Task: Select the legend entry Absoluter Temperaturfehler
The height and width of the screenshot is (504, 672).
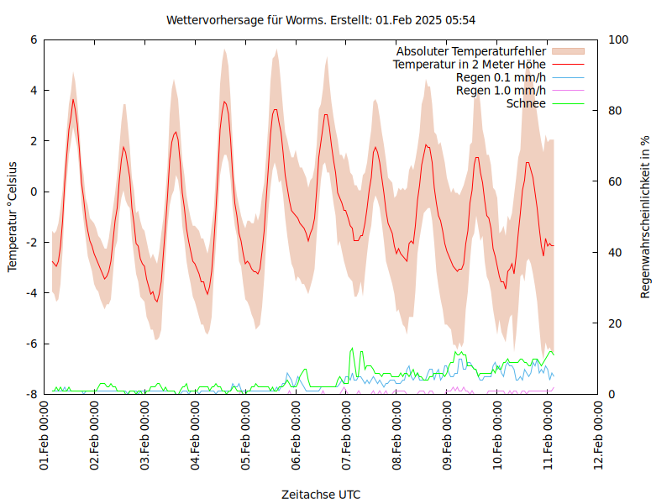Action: (x=471, y=52)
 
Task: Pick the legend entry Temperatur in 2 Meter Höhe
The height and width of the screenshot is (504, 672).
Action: (x=470, y=65)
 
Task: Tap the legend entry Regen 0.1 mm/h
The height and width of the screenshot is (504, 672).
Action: (x=501, y=77)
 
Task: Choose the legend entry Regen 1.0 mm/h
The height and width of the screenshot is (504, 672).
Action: (x=501, y=91)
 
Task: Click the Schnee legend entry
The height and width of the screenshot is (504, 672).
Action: (x=527, y=103)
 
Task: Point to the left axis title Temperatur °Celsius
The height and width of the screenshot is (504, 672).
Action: (x=13, y=217)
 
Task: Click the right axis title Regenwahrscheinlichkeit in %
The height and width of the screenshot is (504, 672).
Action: (x=645, y=217)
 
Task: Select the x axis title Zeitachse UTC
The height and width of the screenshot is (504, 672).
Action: (x=322, y=494)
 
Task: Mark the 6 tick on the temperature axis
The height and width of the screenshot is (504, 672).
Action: (x=34, y=39)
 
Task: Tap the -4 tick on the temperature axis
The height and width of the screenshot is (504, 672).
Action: (x=31, y=293)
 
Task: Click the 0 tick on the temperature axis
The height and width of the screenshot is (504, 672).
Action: (x=34, y=192)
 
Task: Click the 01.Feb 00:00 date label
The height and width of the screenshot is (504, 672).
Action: (x=45, y=436)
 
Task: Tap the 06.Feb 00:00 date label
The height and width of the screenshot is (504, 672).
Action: (x=297, y=436)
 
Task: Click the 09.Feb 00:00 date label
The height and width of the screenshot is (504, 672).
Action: (x=449, y=436)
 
